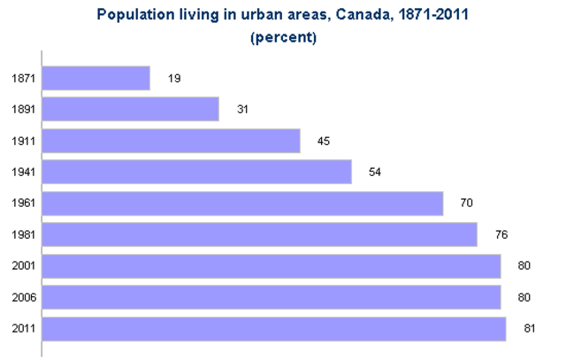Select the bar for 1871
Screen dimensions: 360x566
pos(96,78)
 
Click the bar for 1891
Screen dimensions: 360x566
pos(130,109)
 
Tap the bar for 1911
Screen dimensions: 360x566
pos(171,141)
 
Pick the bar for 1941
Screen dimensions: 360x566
pos(196,172)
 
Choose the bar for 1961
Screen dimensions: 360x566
pos(242,203)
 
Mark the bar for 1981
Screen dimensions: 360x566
pos(259,234)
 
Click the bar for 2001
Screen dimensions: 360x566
pos(271,266)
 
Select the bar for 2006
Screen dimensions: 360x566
pos(271,297)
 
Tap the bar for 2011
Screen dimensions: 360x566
pos(273,329)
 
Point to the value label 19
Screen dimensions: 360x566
pos(174,79)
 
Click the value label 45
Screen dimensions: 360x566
pos(324,142)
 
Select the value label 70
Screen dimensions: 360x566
pos(466,203)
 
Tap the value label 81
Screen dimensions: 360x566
pos(531,329)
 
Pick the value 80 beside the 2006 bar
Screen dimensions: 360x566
pos(524,298)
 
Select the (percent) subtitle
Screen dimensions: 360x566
pos(283,37)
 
